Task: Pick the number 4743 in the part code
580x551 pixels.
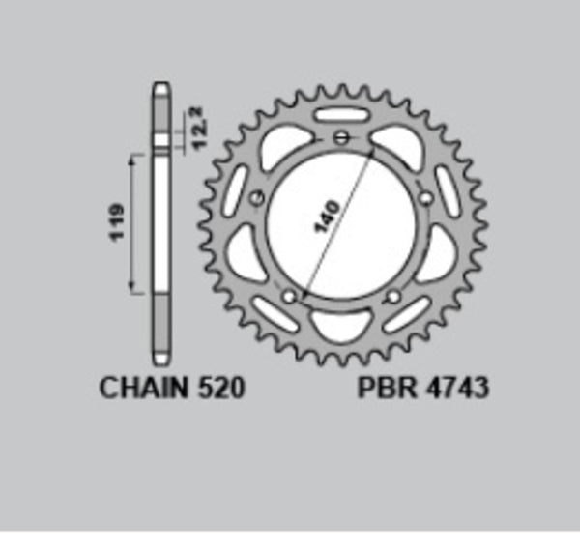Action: click(x=453, y=389)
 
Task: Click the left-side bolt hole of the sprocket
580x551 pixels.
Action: click(x=256, y=200)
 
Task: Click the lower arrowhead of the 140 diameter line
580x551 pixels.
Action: click(x=305, y=291)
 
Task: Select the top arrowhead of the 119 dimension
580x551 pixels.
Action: click(x=133, y=156)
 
